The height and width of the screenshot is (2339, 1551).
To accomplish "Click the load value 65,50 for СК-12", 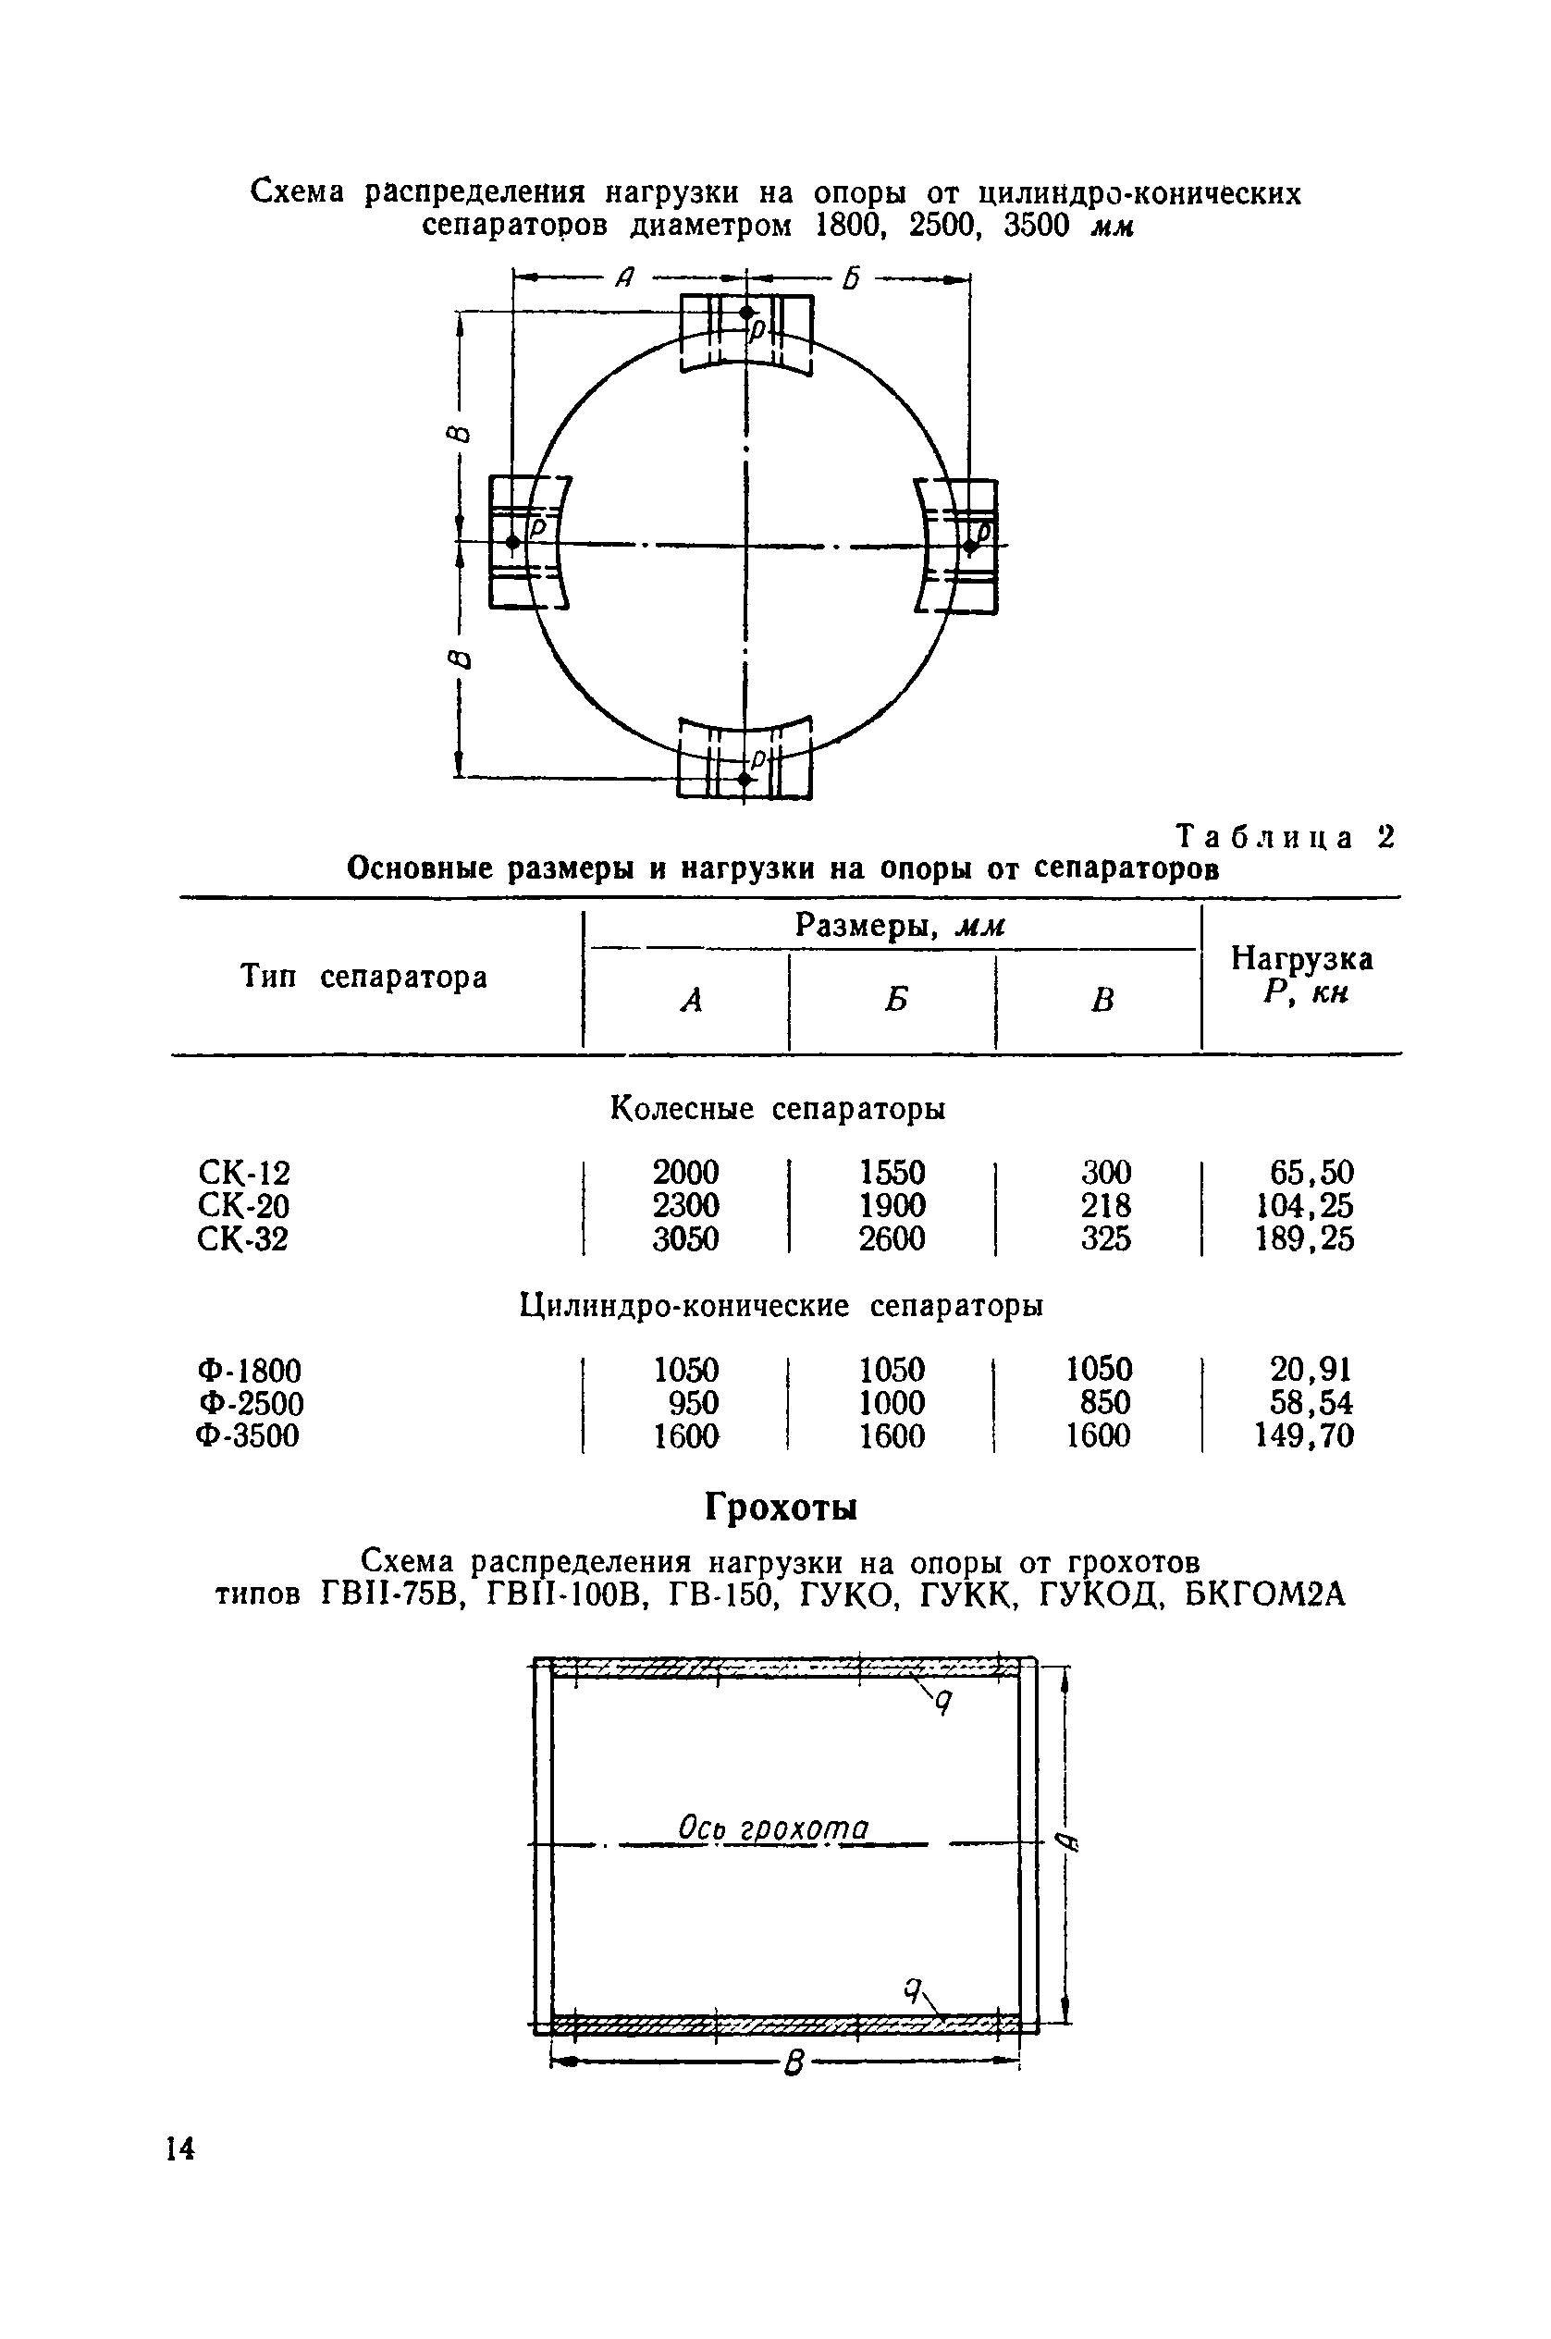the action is pos(1311,1173).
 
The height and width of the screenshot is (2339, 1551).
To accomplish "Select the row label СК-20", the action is pos(243,1206).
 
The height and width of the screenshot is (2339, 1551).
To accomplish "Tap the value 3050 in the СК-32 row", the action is pos(685,1238).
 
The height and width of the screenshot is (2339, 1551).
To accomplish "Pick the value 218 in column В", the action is pos(1106,1206).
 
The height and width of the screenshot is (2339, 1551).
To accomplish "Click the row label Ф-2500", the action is pos(251,1403).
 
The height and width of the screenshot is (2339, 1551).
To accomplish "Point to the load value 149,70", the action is pos(1304,1436).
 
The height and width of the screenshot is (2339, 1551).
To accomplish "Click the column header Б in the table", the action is pos(895,1001).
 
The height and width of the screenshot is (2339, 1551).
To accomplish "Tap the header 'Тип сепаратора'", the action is pos(364,978).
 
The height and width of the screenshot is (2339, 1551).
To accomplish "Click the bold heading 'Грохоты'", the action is pos(781,1508).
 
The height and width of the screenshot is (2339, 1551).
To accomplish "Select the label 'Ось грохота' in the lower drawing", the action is pos(772,1828).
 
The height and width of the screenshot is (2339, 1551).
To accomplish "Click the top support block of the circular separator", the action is pos(745,334).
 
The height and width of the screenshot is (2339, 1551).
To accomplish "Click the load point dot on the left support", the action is pos(512,542).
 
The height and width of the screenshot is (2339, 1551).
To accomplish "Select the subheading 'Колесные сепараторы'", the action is pos(778,1109).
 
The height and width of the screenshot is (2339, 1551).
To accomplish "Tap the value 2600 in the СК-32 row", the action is pos(892,1238).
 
